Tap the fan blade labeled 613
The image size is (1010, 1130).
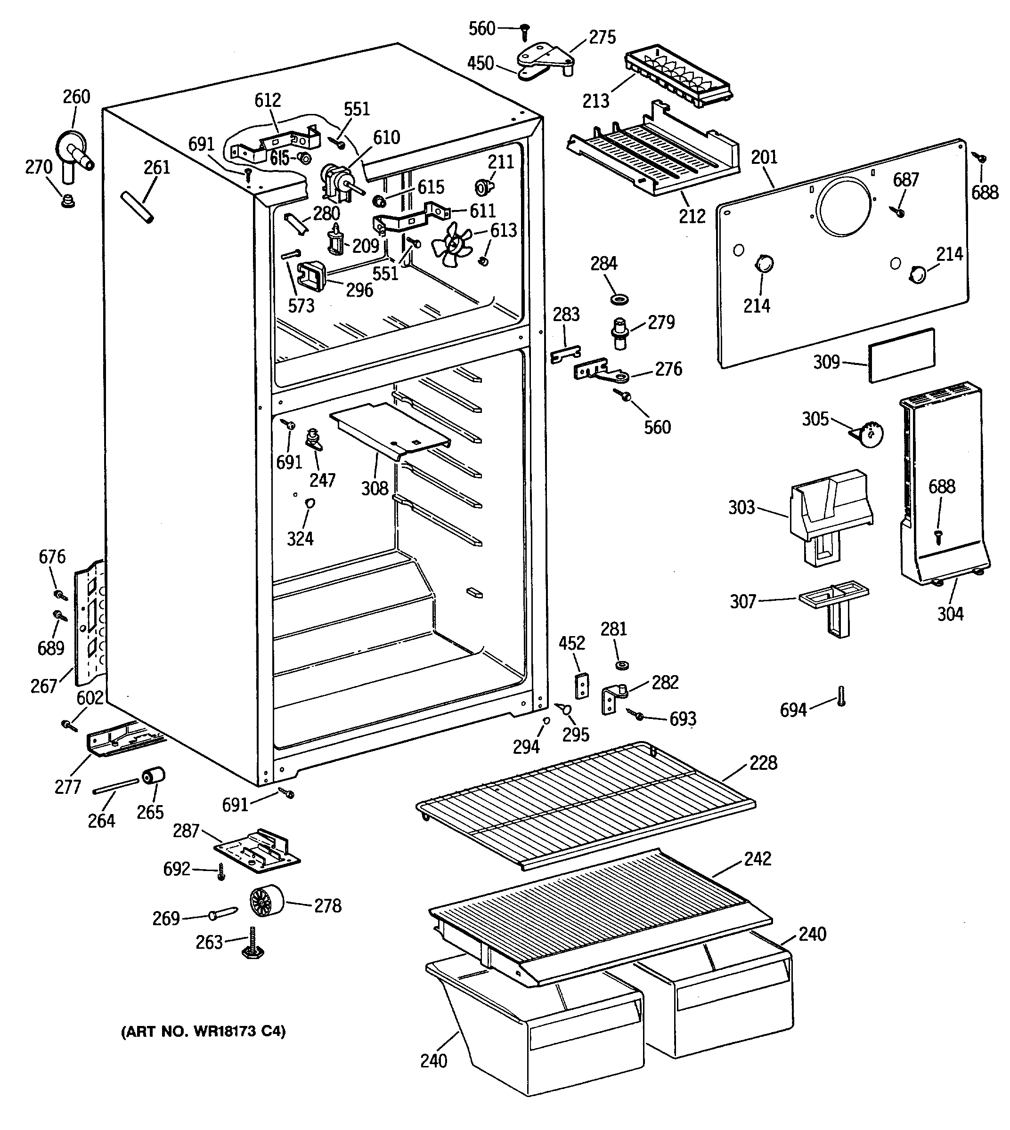point(452,245)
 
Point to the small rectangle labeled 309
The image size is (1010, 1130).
point(901,355)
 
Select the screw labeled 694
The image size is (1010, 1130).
point(841,695)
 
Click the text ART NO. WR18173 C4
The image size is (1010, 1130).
point(203,1031)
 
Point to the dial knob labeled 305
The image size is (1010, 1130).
point(867,435)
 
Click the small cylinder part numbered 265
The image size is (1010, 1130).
point(154,776)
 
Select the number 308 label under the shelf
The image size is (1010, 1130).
point(375,488)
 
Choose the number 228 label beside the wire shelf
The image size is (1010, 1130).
point(763,763)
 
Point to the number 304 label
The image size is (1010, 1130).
point(950,613)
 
